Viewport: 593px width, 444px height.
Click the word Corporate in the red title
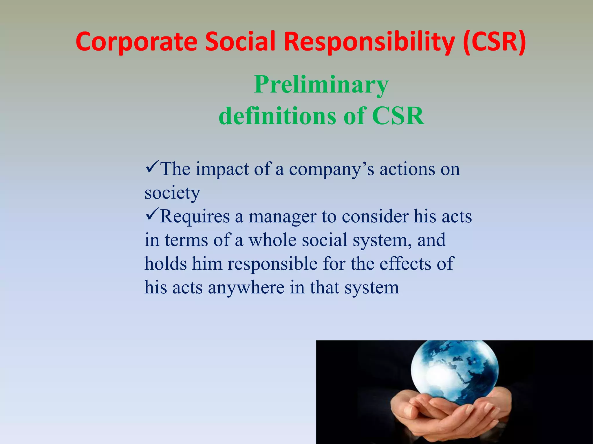pos(136,42)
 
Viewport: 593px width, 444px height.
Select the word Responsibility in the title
pos(369,42)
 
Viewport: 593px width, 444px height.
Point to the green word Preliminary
pos(321,85)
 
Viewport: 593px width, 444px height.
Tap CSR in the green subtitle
pos(398,116)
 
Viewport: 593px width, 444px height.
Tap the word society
pos(172,193)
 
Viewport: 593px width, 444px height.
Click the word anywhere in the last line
pos(246,288)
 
